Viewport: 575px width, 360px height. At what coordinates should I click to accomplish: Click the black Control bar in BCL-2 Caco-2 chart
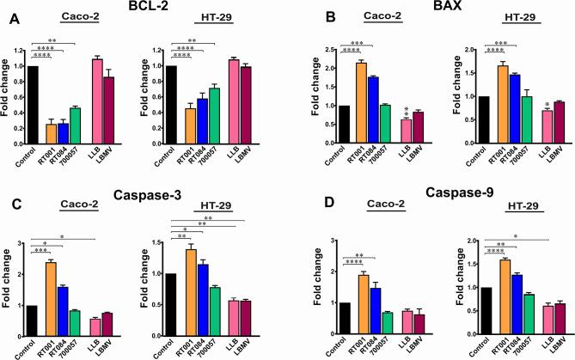point(34,100)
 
